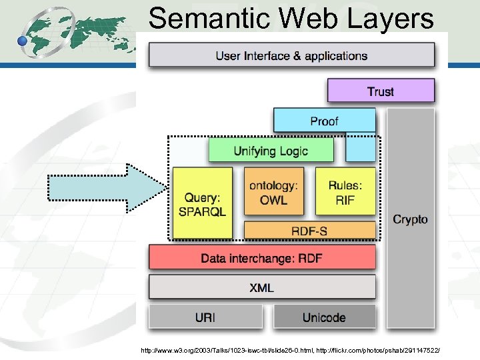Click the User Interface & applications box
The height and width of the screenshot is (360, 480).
(x=291, y=55)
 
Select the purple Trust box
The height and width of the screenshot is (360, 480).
(x=381, y=91)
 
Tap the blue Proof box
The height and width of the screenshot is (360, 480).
(x=324, y=121)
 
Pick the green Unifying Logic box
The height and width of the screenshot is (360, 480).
(x=271, y=150)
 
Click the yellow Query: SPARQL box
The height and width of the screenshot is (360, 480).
(x=203, y=203)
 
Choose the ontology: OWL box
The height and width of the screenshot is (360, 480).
(x=273, y=191)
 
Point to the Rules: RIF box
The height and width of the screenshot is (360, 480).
(x=345, y=191)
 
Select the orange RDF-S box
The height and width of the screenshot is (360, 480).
(x=309, y=231)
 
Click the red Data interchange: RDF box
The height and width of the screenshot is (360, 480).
(x=262, y=257)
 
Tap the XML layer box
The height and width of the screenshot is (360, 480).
(x=262, y=287)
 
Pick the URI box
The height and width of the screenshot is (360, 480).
(x=205, y=317)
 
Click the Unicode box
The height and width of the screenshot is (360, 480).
(x=324, y=317)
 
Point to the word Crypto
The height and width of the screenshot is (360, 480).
(x=410, y=219)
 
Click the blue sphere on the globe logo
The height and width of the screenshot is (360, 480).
(x=23, y=41)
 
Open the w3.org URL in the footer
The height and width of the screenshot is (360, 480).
(x=227, y=350)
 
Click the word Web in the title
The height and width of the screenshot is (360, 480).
(x=307, y=19)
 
